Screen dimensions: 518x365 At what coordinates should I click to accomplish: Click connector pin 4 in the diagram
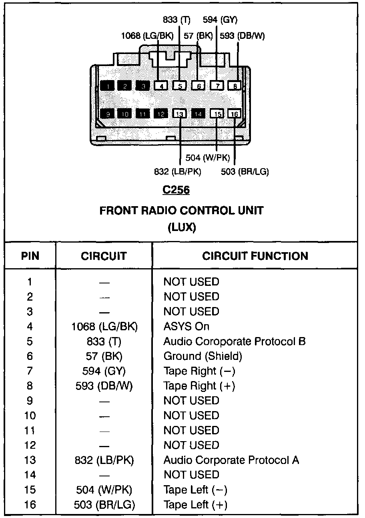pyautogui.click(x=161, y=86)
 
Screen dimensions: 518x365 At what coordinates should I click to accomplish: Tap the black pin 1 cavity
pyautogui.click(x=107, y=86)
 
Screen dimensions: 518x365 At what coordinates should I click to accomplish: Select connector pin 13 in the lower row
pyautogui.click(x=179, y=114)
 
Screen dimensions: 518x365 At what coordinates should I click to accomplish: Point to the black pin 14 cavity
pyautogui.click(x=198, y=114)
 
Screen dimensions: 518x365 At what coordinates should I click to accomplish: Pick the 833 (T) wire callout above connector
pyautogui.click(x=176, y=20)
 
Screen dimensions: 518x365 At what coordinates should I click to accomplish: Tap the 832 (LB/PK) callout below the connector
pyautogui.click(x=177, y=172)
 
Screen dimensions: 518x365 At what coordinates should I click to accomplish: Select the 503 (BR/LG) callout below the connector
pyautogui.click(x=245, y=172)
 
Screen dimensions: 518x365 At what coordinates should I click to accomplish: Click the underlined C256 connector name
pyautogui.click(x=176, y=190)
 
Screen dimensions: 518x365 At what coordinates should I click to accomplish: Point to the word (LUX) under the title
pyautogui.click(x=181, y=228)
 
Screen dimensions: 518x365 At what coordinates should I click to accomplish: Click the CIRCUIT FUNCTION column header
pyautogui.click(x=255, y=256)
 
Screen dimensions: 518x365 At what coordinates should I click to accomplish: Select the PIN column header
pyautogui.click(x=30, y=256)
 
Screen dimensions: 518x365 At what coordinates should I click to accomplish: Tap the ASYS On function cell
pyautogui.click(x=186, y=327)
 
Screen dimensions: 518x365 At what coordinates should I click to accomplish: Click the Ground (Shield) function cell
pyautogui.click(x=203, y=356)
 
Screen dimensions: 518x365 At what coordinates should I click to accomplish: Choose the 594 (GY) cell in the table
pyautogui.click(x=104, y=371)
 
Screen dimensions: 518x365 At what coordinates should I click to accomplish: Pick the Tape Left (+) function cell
pyautogui.click(x=195, y=505)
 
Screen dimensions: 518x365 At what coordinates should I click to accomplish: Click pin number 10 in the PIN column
pyautogui.click(x=30, y=416)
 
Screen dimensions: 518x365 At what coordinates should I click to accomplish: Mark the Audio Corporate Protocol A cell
pyautogui.click(x=231, y=460)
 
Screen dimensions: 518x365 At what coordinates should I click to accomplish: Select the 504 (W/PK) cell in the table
pyautogui.click(x=104, y=490)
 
